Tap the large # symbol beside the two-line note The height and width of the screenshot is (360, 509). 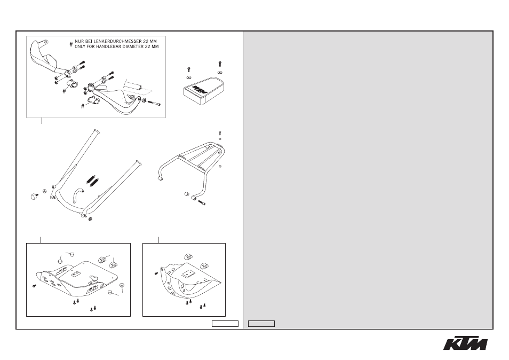click(71, 44)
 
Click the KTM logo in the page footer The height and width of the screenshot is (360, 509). click(465, 344)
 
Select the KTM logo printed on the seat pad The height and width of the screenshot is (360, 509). click(199, 90)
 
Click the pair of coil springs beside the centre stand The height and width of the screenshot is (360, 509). click(92, 181)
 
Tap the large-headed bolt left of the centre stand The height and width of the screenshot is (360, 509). click(34, 196)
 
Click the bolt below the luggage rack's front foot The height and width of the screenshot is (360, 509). click(202, 203)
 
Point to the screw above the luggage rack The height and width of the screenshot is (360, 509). click(220, 133)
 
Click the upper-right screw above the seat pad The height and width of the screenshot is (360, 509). click(220, 64)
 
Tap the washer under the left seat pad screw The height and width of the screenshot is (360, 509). click(188, 77)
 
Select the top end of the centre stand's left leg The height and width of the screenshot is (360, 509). click(97, 131)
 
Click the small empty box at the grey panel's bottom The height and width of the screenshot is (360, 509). click(261, 324)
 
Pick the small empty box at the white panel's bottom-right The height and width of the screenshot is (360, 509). click(225, 324)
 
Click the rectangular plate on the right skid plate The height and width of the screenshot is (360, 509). click(188, 273)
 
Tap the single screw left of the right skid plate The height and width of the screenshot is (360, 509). click(156, 273)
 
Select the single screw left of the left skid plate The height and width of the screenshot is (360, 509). click(34, 286)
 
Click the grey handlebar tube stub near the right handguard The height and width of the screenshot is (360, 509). click(133, 87)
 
